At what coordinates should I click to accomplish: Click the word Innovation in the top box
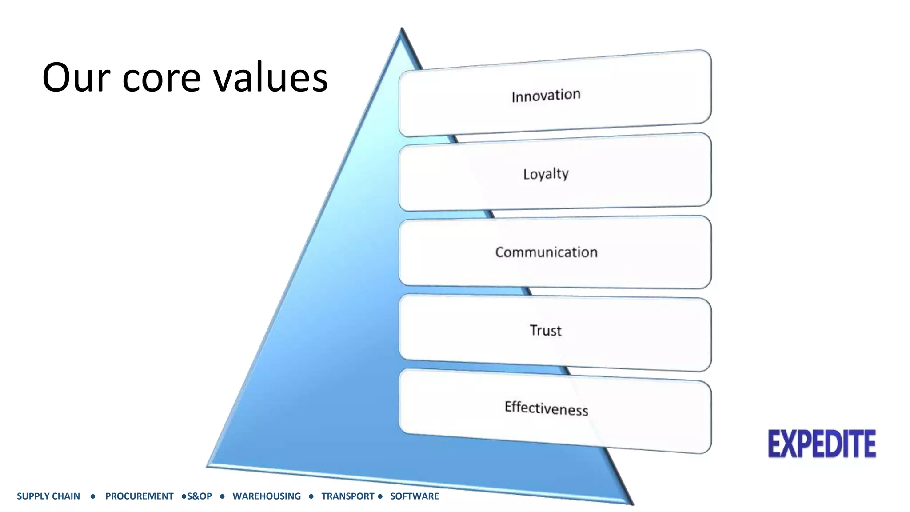[x=546, y=96]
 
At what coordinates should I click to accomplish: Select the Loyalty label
[x=546, y=174]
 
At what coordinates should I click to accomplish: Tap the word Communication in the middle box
[x=546, y=252]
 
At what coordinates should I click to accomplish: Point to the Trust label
[x=545, y=331]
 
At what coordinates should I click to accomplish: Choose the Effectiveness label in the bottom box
[x=546, y=408]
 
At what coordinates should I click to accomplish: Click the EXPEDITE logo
[x=822, y=444]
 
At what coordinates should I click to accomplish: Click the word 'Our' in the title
[x=76, y=78]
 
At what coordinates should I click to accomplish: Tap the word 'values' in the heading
[x=271, y=78]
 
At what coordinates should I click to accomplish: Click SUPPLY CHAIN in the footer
[x=48, y=496]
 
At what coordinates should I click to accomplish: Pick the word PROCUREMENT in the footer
[x=139, y=496]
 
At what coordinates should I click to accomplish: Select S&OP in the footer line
[x=200, y=496]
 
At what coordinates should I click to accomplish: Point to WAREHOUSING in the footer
[x=267, y=496]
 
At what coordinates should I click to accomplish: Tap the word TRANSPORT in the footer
[x=348, y=496]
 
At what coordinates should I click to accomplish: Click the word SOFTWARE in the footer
[x=414, y=496]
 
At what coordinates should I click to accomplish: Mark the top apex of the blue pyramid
[x=402, y=29]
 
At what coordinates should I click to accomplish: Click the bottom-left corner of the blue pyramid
[x=208, y=465]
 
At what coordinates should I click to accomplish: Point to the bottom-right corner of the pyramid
[x=632, y=504]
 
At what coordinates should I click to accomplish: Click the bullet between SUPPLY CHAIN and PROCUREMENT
[x=92, y=496]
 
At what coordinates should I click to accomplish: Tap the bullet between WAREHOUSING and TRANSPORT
[x=311, y=496]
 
